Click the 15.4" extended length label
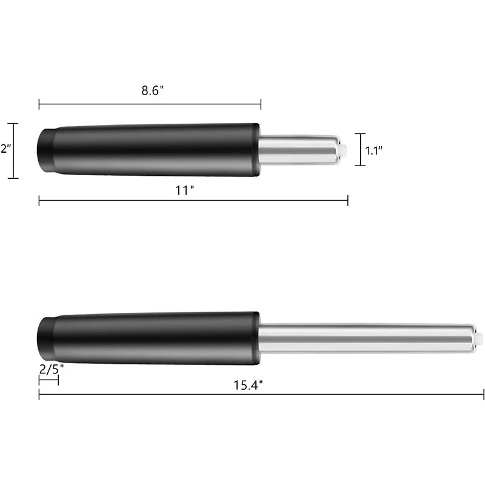pos(248,384)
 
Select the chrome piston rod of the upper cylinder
pos(297,149)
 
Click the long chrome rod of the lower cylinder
pos(364,338)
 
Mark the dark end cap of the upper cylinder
pos(45,149)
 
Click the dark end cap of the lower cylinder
pos(45,338)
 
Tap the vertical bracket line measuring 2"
pos(15,151)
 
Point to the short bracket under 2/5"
pos(48,380)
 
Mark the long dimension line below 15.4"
pos(261,395)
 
